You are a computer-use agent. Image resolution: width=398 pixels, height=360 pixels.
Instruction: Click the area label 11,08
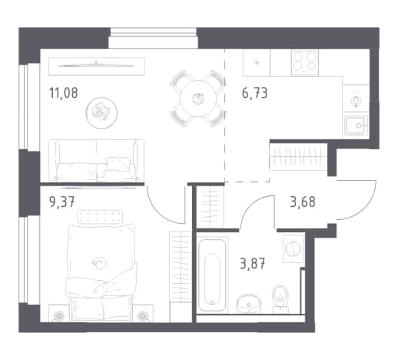coord(64,93)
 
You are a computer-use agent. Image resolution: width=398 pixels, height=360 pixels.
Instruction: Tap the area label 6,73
coord(254,93)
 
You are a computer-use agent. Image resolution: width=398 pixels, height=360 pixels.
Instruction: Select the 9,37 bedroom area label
coord(61,202)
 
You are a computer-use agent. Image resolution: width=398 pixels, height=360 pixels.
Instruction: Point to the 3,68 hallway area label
coord(303,202)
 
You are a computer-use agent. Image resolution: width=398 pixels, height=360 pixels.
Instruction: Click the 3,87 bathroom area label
coord(252,264)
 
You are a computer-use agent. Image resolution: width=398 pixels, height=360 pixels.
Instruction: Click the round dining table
coord(198,98)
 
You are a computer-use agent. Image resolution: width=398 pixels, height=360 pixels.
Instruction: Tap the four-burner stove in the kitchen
coord(305,62)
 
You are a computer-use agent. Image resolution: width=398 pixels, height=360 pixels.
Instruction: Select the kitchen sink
coord(356,126)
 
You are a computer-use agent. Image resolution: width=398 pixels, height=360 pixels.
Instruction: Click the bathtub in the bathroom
coord(212,275)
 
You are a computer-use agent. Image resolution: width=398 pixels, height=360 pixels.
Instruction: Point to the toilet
coord(280,298)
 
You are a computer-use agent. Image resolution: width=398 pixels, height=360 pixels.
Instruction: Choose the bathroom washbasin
coord(249,303)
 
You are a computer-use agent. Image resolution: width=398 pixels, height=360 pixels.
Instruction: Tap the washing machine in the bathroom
coord(294,248)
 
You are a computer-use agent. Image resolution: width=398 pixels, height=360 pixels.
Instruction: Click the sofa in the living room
coord(96,160)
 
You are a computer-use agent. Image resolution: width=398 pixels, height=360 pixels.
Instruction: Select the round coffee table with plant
coord(101,113)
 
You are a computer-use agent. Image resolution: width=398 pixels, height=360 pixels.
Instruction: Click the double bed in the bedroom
coord(101,272)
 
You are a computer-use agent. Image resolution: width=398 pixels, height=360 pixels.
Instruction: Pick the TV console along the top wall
coord(97,66)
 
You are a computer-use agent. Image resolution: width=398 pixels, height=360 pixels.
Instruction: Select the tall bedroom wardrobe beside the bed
coord(181,267)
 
